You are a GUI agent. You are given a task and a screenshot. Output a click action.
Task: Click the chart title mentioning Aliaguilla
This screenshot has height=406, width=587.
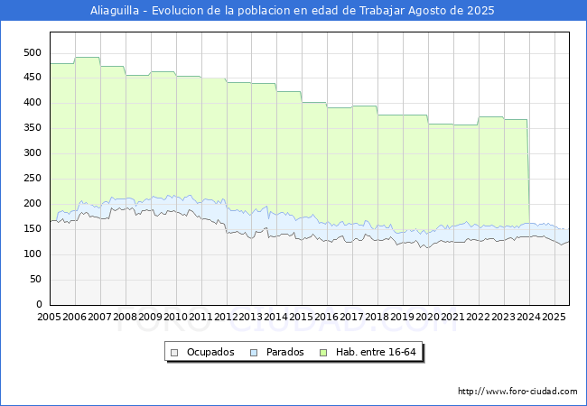(292, 11)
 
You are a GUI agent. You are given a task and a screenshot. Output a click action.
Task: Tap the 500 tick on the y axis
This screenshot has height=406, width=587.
(33, 52)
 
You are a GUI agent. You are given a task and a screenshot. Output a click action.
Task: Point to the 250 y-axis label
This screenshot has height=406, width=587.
(33, 179)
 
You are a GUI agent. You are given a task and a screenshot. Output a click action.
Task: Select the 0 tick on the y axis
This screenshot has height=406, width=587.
(39, 304)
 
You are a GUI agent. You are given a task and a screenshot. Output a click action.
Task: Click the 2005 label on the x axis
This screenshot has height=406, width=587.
(49, 317)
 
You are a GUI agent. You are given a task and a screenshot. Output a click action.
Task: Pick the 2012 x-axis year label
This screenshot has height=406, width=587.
(226, 317)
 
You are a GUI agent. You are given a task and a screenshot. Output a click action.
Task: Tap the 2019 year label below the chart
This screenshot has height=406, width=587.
(403, 317)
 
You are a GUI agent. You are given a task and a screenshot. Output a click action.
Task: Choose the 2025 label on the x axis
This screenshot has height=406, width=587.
(554, 317)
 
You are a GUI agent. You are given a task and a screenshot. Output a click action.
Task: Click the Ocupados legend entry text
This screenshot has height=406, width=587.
(210, 352)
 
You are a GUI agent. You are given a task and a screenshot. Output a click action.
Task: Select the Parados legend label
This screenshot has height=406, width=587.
(285, 352)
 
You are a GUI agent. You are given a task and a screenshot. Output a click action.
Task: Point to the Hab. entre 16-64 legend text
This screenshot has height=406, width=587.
(376, 352)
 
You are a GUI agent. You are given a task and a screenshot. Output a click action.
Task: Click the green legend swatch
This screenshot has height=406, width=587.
(323, 353)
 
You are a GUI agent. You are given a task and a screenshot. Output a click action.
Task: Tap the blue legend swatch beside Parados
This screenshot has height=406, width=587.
(254, 353)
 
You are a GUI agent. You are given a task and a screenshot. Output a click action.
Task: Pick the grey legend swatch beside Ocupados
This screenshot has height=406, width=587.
(174, 353)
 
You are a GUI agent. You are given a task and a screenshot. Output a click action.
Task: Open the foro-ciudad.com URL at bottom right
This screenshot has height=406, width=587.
(517, 392)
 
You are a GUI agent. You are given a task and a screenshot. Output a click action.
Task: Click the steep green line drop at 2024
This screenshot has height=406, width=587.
(528, 171)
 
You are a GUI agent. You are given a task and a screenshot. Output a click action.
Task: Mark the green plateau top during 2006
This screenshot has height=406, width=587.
(88, 57)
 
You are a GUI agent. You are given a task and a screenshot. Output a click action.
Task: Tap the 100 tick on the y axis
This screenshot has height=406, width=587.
(33, 254)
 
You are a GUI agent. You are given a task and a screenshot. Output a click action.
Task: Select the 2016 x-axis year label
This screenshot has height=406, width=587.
(327, 317)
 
